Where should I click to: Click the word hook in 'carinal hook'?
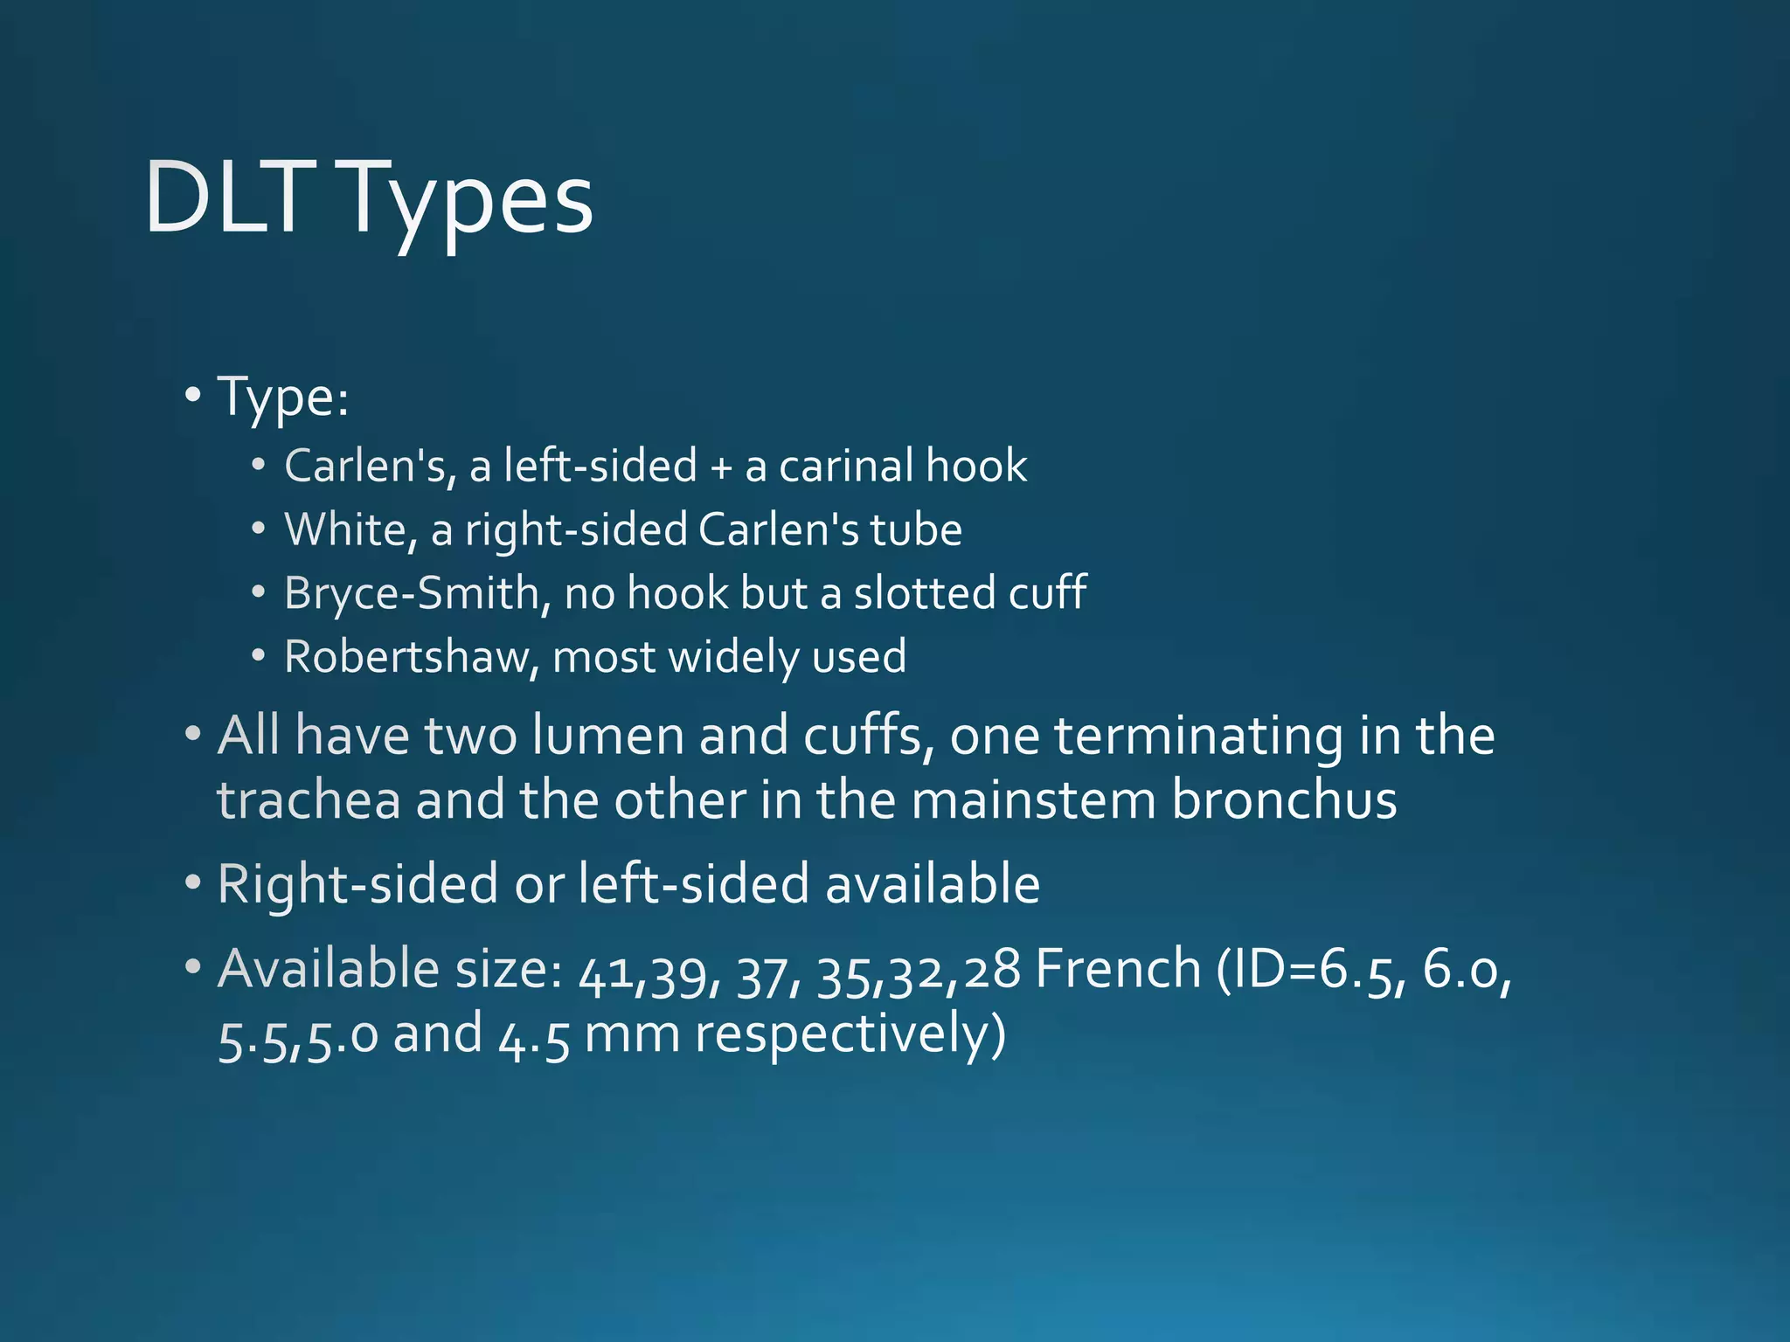point(976,466)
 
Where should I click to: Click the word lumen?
point(607,736)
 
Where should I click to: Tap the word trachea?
point(309,800)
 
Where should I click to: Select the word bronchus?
point(1284,800)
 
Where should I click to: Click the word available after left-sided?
point(933,884)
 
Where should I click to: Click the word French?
point(1119,969)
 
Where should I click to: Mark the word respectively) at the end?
point(850,1036)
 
